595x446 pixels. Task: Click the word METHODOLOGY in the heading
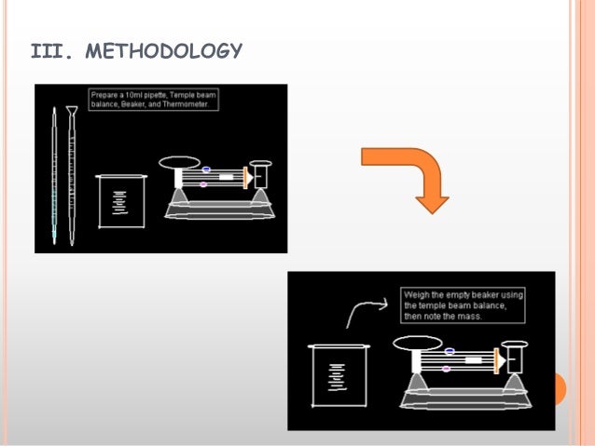164,50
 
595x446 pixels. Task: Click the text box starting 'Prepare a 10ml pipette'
154,100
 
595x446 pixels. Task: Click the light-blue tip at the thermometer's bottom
54,238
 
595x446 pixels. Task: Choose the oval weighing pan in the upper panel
179,162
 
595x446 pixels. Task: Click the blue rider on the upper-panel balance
206,169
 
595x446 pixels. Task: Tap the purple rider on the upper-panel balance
203,184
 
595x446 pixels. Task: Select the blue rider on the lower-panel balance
450,351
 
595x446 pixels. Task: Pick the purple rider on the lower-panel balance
447,369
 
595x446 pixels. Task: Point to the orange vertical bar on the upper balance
245,176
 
